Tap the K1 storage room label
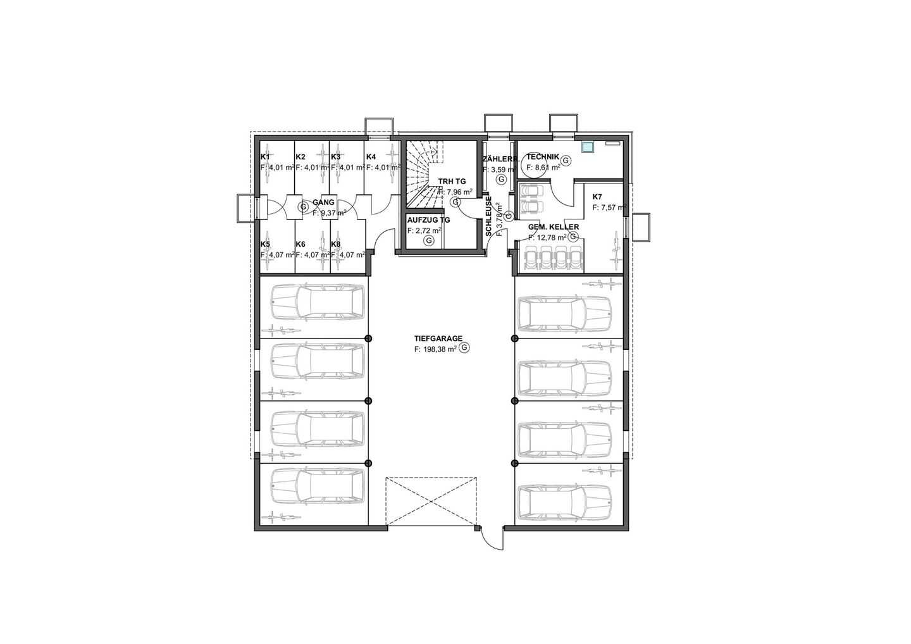264,157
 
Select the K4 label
371,157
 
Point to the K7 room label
597,197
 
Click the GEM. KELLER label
554,227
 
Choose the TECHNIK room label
543,156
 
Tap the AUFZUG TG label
429,220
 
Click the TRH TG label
452,182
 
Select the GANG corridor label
323,202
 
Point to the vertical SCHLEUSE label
488,216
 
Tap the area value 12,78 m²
547,237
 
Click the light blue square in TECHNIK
587,147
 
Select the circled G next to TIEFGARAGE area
465,347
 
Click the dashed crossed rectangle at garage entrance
431,501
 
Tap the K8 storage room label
335,244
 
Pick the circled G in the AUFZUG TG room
428,241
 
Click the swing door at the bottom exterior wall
492,539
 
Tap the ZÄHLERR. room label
500,159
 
